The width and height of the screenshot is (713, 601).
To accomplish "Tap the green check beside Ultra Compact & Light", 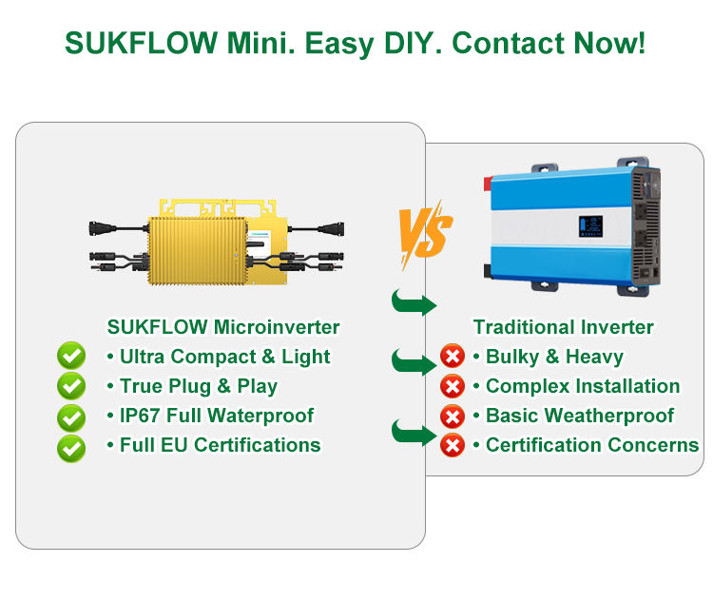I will (71, 357).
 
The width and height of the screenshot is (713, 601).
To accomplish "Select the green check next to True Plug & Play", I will (71, 386).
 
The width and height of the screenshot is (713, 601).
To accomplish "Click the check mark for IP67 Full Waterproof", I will (71, 417).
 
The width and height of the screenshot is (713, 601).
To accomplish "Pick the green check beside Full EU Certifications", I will (71, 447).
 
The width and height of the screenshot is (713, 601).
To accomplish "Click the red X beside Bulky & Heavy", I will (453, 358).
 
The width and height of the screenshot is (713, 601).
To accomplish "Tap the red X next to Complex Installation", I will (453, 387).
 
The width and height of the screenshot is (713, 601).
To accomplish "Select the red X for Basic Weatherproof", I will (453, 416).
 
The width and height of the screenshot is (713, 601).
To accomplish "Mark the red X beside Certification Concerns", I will (453, 445).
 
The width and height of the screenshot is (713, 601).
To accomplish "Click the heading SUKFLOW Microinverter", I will (222, 327).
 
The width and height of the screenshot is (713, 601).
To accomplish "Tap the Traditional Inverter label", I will (564, 327).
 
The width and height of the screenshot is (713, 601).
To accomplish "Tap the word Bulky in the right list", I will (512, 358).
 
